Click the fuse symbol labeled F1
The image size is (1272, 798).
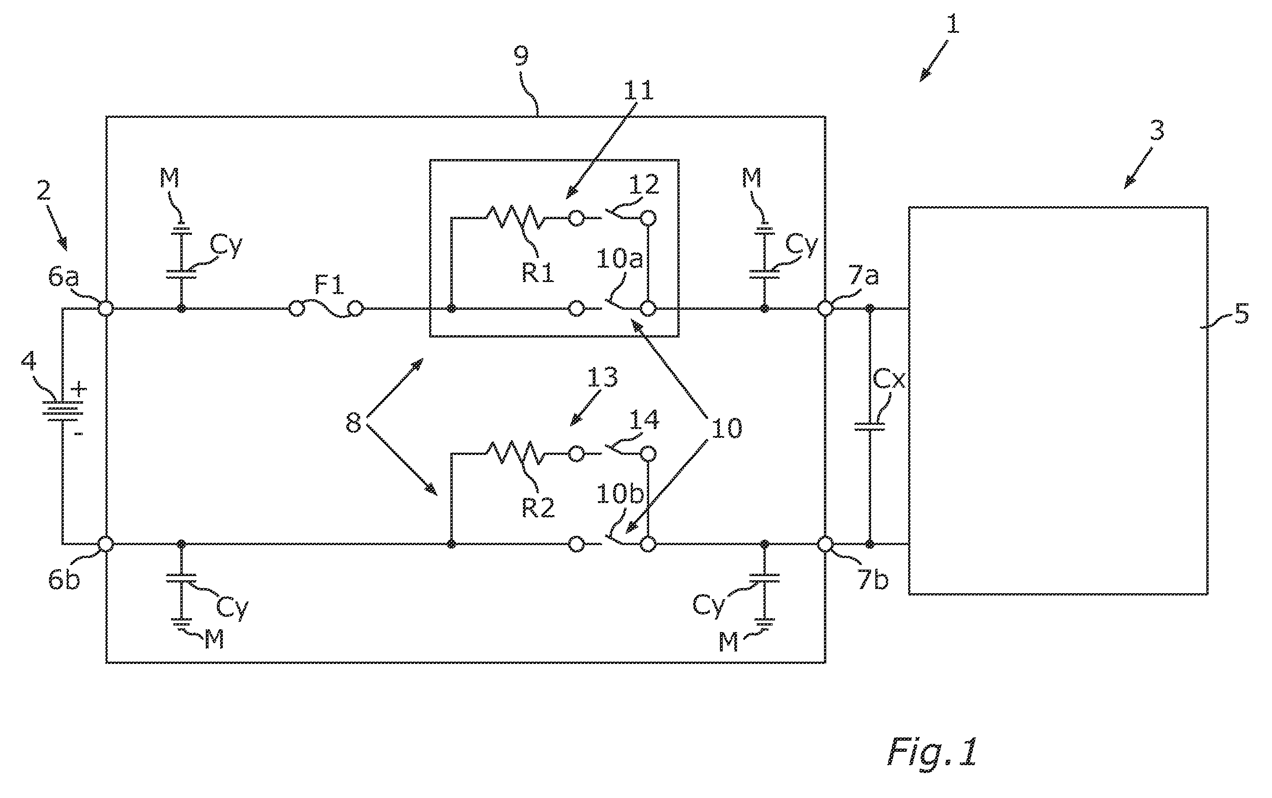coord(326,309)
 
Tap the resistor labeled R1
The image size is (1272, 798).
coord(512,217)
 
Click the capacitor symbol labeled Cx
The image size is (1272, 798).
coord(870,426)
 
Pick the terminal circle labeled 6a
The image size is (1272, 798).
coord(106,309)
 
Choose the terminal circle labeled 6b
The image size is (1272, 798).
coord(106,544)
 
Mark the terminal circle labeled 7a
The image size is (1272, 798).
coord(825,309)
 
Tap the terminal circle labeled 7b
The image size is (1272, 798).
coord(825,544)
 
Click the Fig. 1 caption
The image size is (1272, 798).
coord(932,752)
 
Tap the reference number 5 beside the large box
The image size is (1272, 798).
coord(1241,314)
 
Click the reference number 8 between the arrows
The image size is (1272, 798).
coord(353,423)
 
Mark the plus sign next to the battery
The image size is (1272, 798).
coord(79,389)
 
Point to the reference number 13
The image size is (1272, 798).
coord(602,378)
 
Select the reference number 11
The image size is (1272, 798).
coord(639,91)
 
